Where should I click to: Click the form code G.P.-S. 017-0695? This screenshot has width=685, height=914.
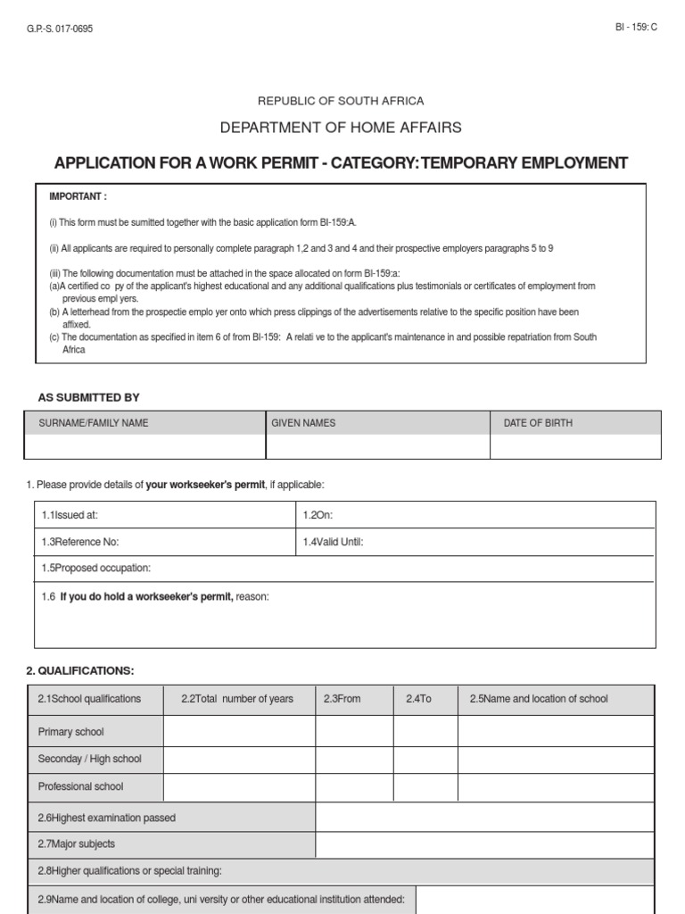(61, 29)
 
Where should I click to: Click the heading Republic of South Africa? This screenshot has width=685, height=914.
(341, 101)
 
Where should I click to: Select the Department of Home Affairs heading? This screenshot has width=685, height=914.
(341, 128)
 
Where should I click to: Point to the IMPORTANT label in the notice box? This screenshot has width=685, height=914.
(78, 196)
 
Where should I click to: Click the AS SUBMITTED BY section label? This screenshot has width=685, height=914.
(88, 397)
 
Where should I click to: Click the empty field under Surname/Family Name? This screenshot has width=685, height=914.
(144, 446)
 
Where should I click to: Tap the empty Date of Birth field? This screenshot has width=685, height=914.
(575, 446)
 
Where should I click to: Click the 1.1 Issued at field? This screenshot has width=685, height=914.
(164, 515)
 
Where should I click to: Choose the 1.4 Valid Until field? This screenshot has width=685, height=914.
(475, 542)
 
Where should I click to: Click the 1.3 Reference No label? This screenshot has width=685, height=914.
(80, 542)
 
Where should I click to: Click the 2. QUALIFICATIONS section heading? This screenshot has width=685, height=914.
(86, 670)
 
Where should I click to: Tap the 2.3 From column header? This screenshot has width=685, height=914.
(342, 699)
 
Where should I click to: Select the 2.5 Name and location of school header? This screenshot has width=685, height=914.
(539, 699)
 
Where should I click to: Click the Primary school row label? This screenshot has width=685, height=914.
(71, 732)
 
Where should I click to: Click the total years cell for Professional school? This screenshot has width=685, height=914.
(239, 786)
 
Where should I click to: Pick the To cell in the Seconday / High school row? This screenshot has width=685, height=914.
(425, 759)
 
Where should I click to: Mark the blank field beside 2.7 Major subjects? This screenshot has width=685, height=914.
(484, 844)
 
